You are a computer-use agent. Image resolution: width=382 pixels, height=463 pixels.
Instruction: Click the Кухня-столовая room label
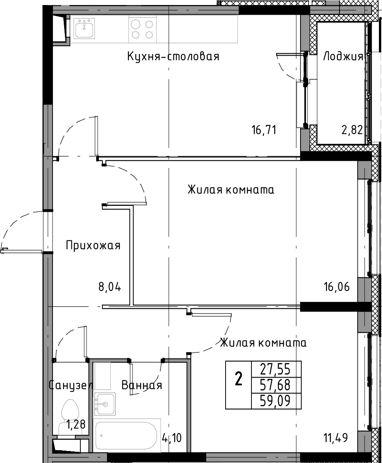coord(173,56)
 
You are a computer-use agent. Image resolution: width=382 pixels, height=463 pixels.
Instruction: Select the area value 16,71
coord(264,130)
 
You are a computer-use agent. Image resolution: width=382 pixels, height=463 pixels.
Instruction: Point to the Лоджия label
coord(343,56)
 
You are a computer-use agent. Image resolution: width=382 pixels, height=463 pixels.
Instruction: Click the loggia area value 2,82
coord(352,130)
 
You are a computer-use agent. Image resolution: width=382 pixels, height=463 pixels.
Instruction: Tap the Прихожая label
coord(93,245)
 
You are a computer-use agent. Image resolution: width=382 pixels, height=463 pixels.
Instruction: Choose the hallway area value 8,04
coord(110,287)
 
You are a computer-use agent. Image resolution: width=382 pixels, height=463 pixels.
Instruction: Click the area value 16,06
coord(337,287)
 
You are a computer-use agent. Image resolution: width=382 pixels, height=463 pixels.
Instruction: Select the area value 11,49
coord(336,437)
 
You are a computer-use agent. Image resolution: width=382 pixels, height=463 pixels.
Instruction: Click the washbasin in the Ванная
coord(105,404)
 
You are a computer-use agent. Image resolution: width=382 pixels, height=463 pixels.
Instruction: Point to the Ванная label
coord(142,385)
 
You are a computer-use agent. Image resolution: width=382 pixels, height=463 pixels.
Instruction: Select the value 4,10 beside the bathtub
coord(172,438)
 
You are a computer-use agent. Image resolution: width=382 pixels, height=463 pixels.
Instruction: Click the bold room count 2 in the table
coord(238,379)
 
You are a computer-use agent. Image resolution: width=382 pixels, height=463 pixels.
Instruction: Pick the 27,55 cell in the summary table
coord(275,369)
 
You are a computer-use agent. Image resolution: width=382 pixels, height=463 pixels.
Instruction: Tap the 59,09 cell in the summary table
coord(275,401)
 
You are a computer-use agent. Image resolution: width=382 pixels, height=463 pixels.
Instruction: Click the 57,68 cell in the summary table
coord(275,385)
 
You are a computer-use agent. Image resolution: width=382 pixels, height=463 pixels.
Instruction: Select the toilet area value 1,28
coord(76,425)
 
